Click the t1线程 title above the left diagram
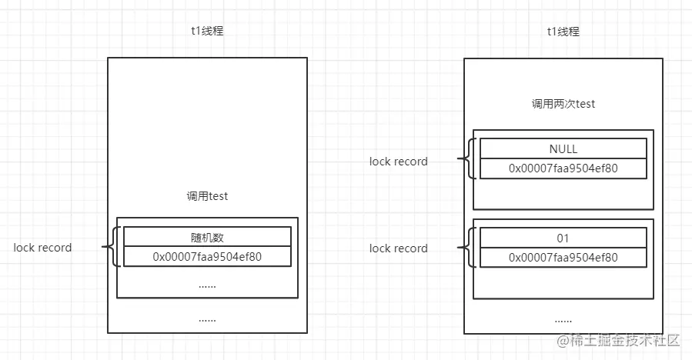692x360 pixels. pos(207,32)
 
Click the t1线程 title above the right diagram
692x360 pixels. pos(564,32)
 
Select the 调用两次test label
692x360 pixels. pos(563,104)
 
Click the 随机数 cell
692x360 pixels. pos(207,236)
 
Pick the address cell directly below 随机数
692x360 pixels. pos(207,256)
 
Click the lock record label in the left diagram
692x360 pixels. pos(42,248)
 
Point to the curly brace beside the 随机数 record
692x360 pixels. pos(112,247)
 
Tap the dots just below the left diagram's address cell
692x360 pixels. pos(207,285)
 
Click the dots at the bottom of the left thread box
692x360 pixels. pos(207,318)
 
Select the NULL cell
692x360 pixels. pos(563,149)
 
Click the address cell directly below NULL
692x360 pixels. pos(563,168)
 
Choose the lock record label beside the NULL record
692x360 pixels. pos(398,162)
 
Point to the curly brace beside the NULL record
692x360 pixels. pos(468,159)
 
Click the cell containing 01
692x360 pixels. pos(563,238)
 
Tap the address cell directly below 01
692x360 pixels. pos(563,258)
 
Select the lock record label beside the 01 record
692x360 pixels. pos(398,248)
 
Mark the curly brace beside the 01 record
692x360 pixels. pos(468,248)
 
